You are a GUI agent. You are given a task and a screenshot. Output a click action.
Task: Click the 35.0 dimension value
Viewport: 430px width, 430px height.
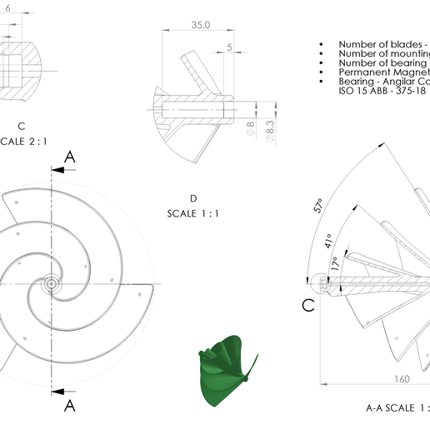coord(200,26)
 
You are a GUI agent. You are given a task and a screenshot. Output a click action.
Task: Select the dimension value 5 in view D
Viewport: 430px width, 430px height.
coord(229,47)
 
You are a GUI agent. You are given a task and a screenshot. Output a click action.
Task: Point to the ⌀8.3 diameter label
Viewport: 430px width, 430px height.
coord(269,128)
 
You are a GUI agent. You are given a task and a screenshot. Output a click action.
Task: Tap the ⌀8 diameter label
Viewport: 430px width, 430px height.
coord(251,129)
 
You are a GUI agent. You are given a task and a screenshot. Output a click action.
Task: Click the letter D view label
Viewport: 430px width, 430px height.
coord(192,198)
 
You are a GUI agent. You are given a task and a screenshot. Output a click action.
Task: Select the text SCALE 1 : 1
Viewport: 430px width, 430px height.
coord(192,214)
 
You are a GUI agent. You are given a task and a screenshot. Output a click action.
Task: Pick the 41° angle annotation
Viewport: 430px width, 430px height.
coord(330,241)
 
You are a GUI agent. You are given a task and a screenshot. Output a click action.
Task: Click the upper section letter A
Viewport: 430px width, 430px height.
coord(70,157)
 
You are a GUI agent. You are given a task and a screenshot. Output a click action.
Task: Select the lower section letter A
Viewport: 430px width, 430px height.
coord(70,405)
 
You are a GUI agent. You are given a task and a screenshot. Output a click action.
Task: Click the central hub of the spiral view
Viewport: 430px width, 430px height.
coord(52,284)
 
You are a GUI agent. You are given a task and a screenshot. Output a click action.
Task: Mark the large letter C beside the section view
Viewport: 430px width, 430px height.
coord(307,306)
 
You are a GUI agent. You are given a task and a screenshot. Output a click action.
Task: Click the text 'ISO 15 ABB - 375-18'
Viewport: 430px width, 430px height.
coord(383,91)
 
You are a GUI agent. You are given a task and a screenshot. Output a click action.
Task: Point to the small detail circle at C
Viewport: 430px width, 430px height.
coord(324,284)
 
